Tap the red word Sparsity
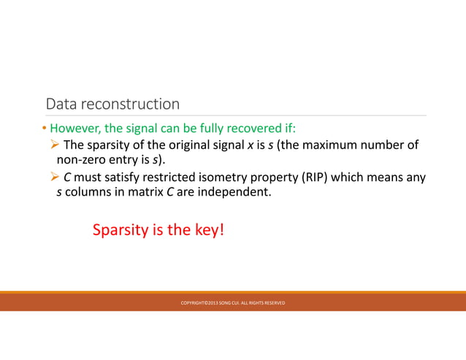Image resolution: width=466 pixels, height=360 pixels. click(x=120, y=230)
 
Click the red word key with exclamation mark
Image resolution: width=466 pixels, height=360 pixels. click(x=212, y=230)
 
